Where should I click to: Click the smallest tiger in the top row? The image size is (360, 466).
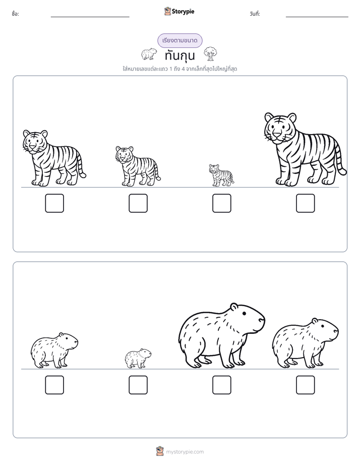tap(221, 176)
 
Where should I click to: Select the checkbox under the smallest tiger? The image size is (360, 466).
tap(221, 203)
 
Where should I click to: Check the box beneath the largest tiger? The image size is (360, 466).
tap(306, 203)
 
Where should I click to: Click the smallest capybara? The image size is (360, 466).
tap(138, 359)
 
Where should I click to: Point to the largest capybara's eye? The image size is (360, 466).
tap(244, 314)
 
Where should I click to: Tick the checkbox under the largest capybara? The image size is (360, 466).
tap(221, 385)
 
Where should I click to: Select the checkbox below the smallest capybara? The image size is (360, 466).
tap(138, 385)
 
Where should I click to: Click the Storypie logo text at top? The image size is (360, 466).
tap(183, 12)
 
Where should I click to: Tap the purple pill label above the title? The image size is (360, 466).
tap(179, 40)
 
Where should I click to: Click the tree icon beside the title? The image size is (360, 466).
tap(210, 54)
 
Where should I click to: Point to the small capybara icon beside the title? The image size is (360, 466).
tap(149, 54)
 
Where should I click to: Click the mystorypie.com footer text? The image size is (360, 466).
tap(185, 452)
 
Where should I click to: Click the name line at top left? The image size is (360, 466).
tap(90, 17)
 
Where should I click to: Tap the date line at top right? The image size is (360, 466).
tap(317, 17)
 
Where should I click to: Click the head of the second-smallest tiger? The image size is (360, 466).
tap(125, 154)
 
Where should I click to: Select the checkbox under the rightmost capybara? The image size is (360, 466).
tap(306, 385)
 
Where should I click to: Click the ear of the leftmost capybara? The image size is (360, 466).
tap(62, 335)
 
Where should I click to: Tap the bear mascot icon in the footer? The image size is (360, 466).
tap(160, 451)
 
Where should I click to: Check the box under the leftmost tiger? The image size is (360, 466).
tap(54, 203)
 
